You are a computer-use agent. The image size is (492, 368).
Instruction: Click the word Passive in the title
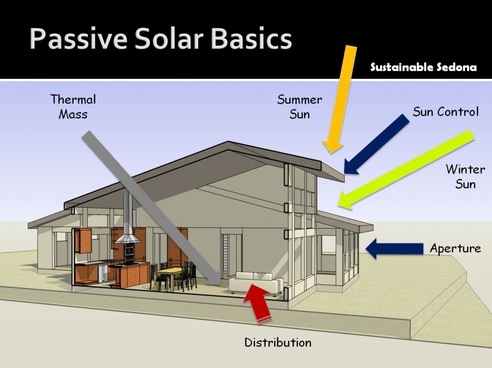78,38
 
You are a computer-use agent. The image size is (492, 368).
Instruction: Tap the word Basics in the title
251,38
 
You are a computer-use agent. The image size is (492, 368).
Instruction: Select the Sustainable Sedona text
423,67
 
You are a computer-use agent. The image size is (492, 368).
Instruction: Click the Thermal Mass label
73,107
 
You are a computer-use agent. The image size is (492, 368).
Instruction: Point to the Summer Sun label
300,107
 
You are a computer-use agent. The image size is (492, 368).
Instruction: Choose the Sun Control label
445,111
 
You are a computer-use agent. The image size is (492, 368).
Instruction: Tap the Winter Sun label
465,176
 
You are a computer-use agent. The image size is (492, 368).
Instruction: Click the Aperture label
455,248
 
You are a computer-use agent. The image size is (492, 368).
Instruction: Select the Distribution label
278,342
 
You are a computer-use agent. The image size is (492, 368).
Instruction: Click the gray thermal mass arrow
152,208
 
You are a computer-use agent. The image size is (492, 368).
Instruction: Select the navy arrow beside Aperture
394,248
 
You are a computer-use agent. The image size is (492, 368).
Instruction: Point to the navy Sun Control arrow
377,144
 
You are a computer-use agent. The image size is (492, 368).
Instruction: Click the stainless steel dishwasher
103,272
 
